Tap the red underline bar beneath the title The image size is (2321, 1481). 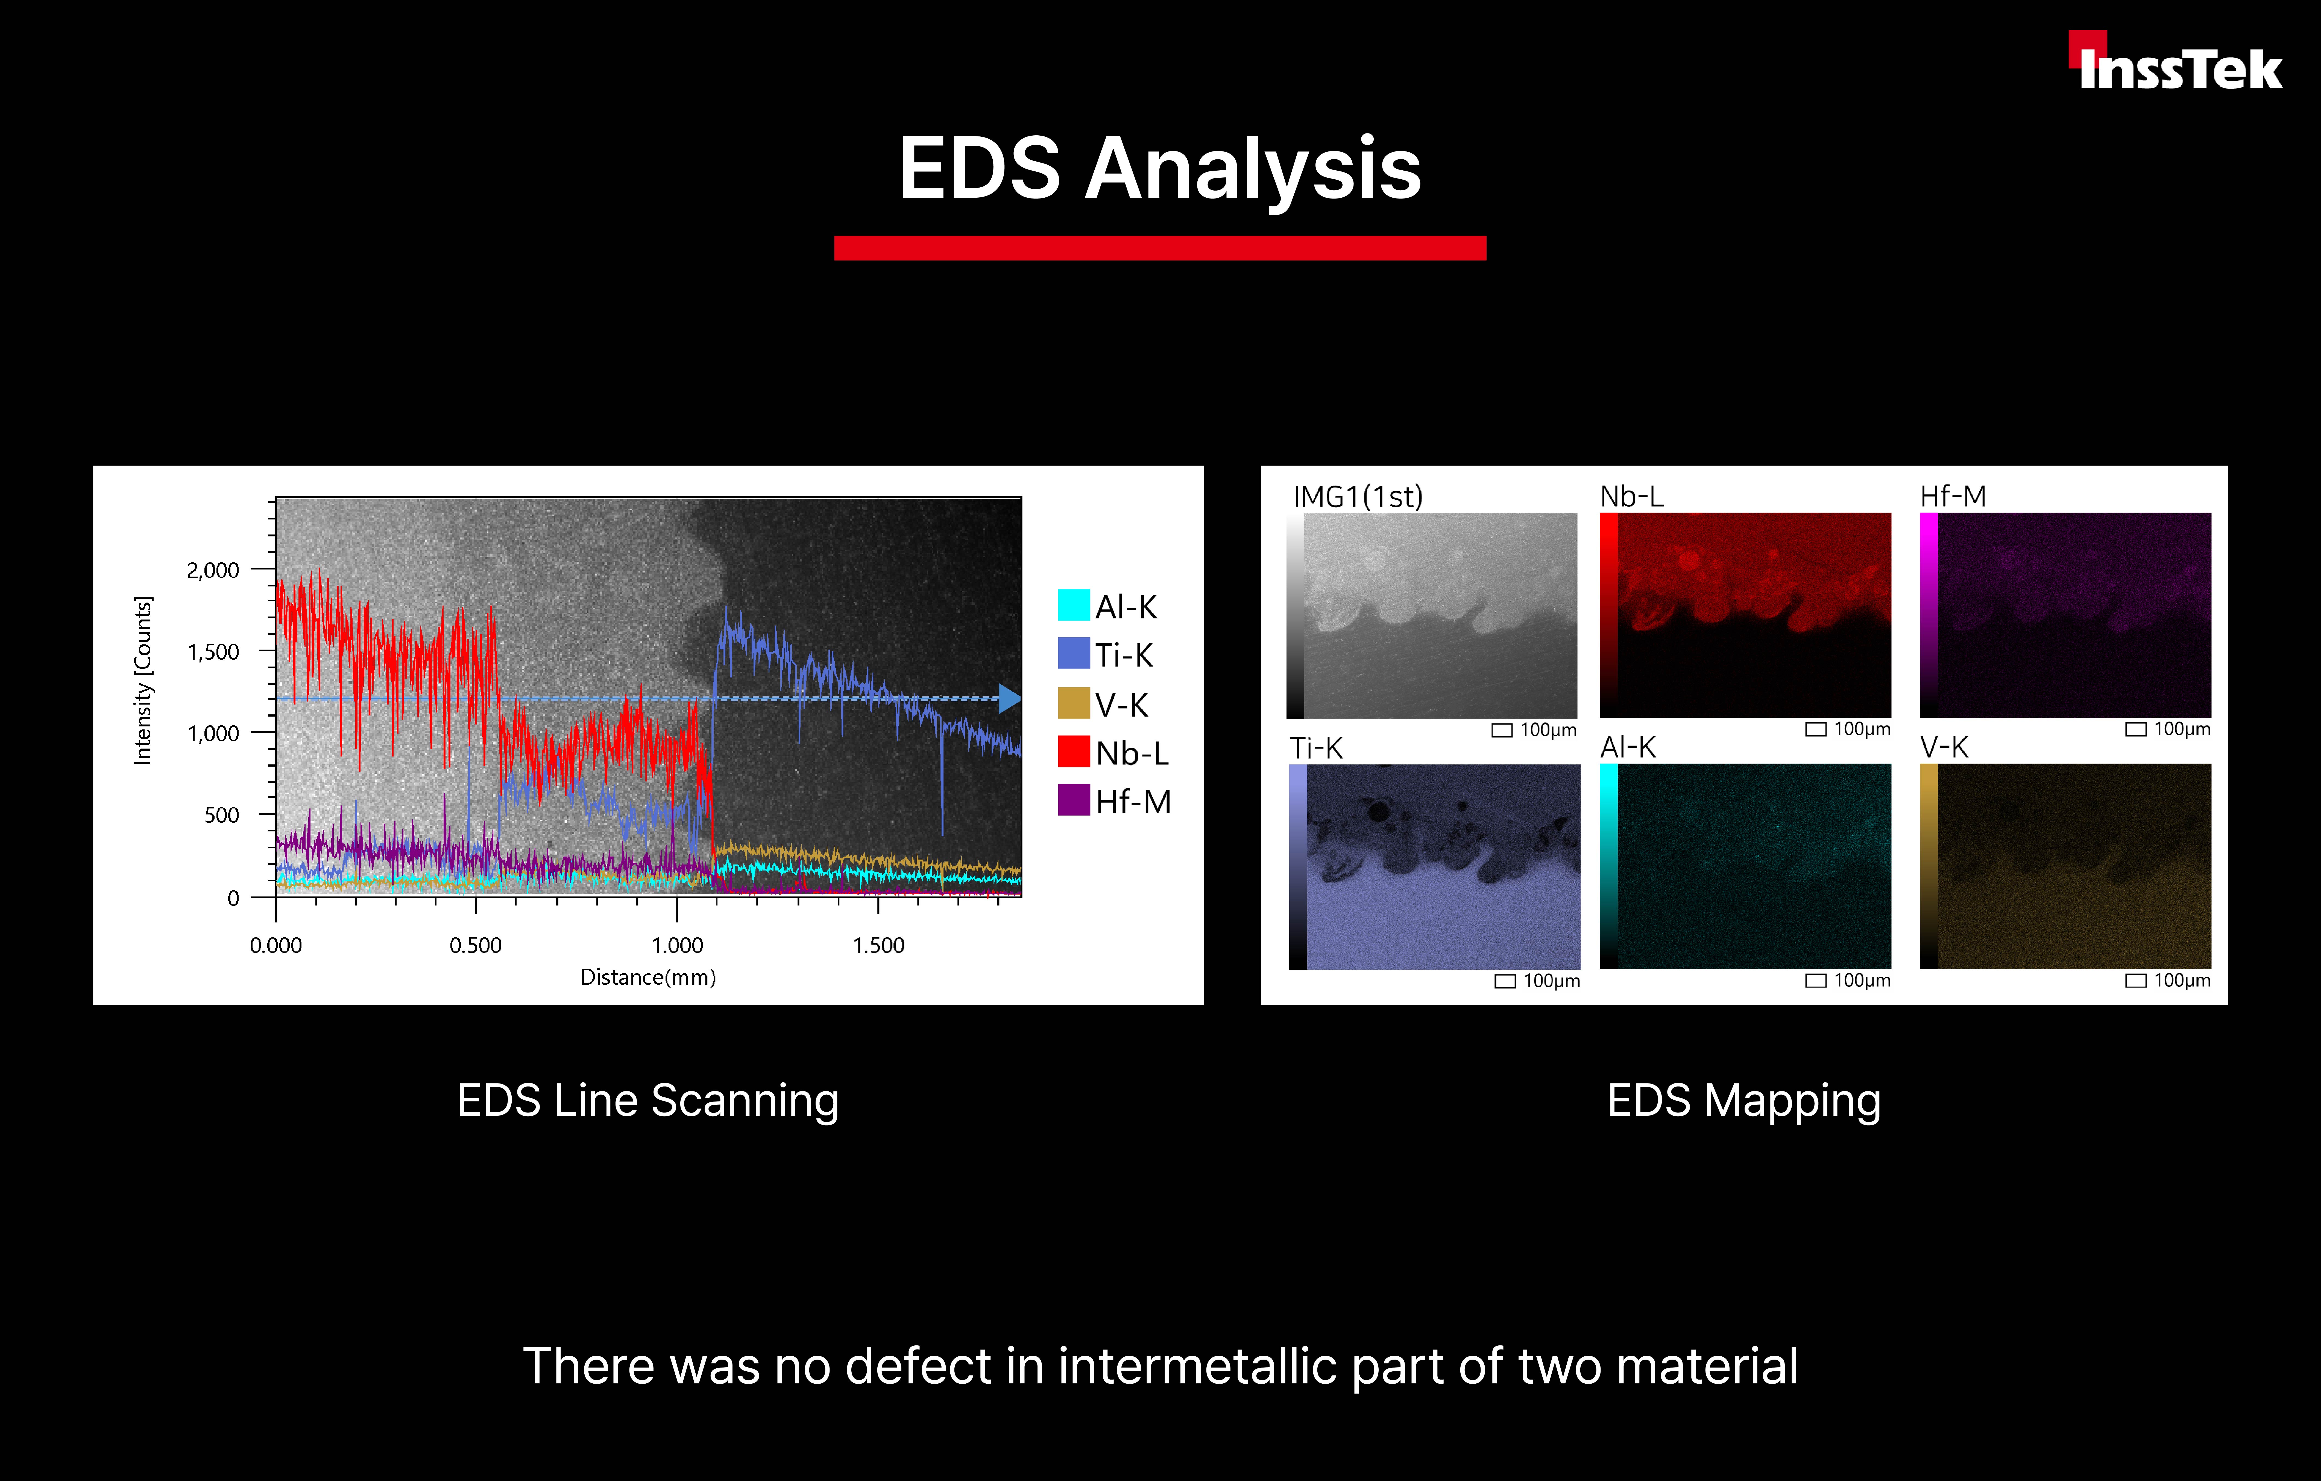coord(1159,248)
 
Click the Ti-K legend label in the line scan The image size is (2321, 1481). coord(1124,656)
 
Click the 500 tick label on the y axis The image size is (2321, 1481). coord(222,816)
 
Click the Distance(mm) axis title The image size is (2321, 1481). coord(648,978)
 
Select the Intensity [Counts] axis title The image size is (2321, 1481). coord(143,681)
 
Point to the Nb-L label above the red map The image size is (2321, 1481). coord(1632,496)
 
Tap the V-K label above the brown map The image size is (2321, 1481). coord(1944,747)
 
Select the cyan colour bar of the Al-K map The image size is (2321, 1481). coord(1609,866)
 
